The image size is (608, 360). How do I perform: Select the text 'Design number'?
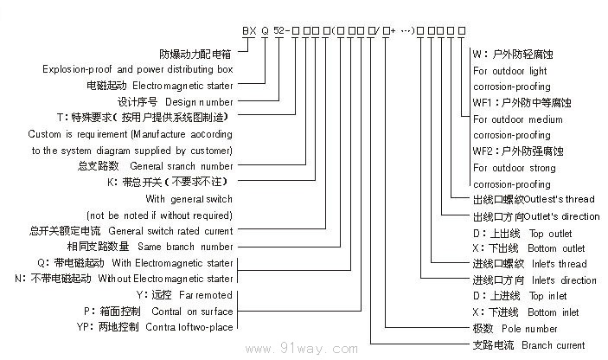click(x=205, y=101)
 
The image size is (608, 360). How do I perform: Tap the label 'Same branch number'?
click(x=190, y=247)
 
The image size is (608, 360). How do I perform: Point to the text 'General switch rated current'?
click(x=170, y=231)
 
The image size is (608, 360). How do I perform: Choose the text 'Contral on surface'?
click(x=192, y=312)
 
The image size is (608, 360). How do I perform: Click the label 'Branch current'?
click(x=559, y=345)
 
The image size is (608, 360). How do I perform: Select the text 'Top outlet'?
click(x=550, y=234)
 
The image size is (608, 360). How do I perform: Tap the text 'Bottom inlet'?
click(x=554, y=312)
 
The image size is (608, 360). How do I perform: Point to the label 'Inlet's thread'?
click(x=560, y=264)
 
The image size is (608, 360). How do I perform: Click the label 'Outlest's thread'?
click(x=565, y=201)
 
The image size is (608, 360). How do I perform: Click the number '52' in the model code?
click(x=278, y=30)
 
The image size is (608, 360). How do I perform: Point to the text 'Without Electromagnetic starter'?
click(x=165, y=279)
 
